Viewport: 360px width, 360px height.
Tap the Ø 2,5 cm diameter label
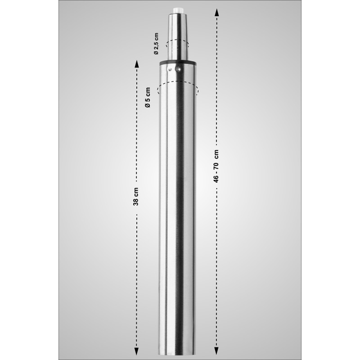click(x=156, y=44)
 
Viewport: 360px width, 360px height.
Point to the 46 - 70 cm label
click(x=216, y=166)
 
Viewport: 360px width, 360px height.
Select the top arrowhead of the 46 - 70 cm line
click(x=217, y=10)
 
